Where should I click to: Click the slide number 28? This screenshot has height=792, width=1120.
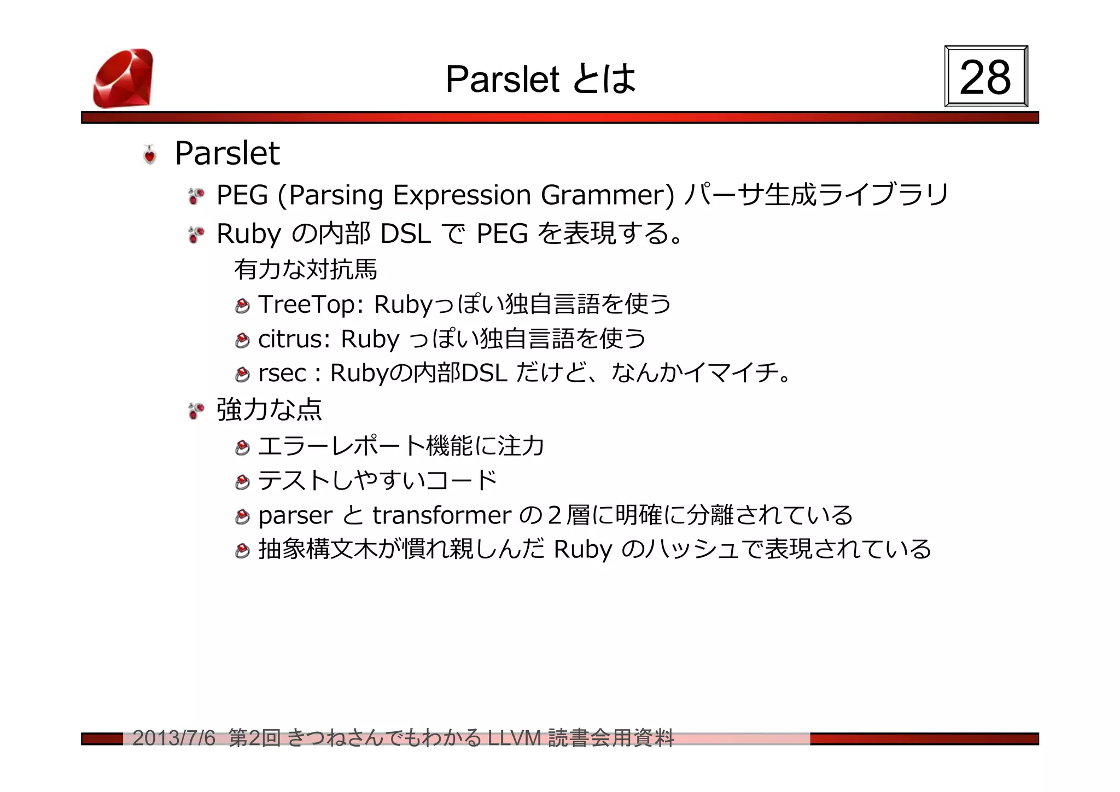[985, 77]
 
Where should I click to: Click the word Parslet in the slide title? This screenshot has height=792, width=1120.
[502, 79]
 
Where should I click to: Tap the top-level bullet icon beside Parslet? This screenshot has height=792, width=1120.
[149, 155]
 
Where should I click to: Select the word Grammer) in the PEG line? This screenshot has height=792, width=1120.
[608, 195]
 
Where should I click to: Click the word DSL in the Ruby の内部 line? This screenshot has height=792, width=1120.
[405, 234]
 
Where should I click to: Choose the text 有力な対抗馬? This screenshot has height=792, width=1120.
[306, 269]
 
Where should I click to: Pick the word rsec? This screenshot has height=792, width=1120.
[282, 374]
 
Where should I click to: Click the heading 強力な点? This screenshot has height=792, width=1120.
[269, 409]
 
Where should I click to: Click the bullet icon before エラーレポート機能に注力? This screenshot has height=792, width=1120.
[242, 448]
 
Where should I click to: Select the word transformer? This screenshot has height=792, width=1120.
[442, 515]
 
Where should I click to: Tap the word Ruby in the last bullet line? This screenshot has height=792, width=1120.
[582, 550]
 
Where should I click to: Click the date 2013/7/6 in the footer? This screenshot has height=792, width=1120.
[174, 738]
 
